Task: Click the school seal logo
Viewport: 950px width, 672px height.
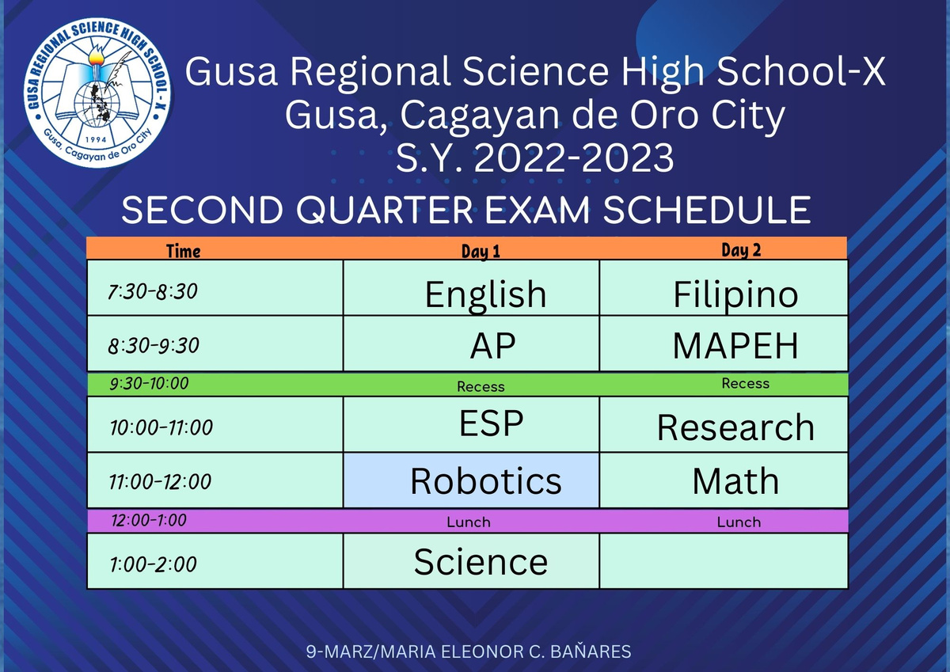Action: [x=98, y=93]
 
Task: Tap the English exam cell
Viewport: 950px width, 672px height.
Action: [x=471, y=288]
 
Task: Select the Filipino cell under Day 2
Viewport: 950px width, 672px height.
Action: [x=724, y=288]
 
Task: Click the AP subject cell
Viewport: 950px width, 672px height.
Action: [x=471, y=344]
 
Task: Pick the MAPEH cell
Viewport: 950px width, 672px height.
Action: [x=724, y=344]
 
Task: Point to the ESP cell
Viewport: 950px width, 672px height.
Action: [x=471, y=424]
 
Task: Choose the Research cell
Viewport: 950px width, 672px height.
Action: [x=724, y=424]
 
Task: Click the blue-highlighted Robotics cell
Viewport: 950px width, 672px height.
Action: [x=471, y=480]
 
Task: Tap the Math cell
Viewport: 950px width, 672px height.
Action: [x=724, y=480]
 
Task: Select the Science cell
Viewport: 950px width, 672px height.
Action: [x=471, y=561]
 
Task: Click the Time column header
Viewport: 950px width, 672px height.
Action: [x=183, y=251]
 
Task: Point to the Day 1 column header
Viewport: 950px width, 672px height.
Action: [x=481, y=251]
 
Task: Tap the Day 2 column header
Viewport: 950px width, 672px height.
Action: [x=741, y=249]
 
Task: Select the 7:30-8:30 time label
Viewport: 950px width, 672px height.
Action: [x=153, y=292]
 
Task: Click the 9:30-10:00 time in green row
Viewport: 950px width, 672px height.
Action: [x=150, y=383]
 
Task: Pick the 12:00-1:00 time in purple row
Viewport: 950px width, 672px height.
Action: [x=149, y=520]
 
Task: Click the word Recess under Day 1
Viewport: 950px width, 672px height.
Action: [x=481, y=387]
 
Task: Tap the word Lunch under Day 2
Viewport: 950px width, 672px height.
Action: [x=739, y=522]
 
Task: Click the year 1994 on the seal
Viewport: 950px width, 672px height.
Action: [x=97, y=139]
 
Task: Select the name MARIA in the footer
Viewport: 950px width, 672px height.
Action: [x=408, y=651]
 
